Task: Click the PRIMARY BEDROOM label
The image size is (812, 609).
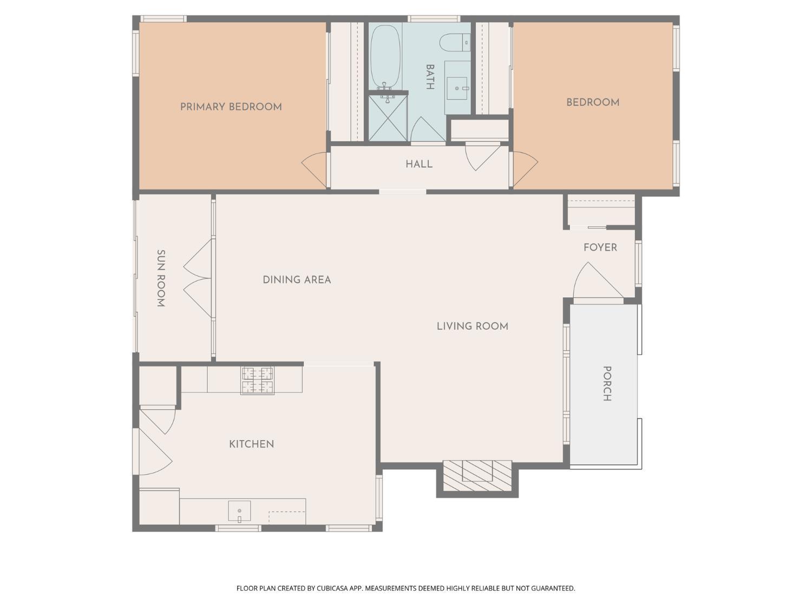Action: pos(231,107)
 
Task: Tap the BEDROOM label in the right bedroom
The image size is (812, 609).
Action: pos(592,102)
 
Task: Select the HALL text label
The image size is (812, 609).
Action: pos(419,164)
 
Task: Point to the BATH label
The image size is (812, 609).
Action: pos(430,77)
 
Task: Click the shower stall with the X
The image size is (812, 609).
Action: pos(388,119)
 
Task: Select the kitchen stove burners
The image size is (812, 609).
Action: pos(257,380)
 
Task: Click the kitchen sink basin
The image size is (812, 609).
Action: pos(239,511)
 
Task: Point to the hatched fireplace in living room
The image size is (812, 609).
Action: pos(477,476)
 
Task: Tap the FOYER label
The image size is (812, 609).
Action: pos(600,247)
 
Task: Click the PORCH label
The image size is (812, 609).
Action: pos(607,383)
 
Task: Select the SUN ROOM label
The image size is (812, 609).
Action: pos(161,278)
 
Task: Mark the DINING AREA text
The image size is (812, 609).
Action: pos(297,280)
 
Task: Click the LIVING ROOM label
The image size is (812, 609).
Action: pos(472,326)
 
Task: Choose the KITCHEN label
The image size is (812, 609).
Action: pos(251,444)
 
